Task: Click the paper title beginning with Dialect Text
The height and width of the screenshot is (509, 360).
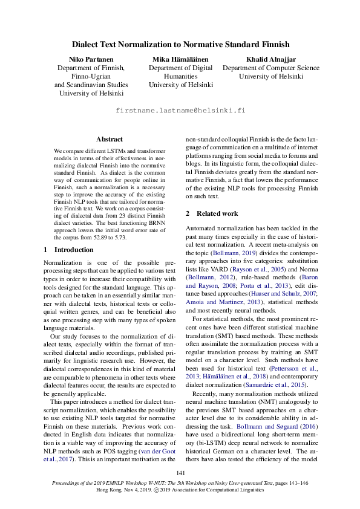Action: click(180, 44)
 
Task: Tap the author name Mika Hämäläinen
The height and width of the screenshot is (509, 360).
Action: click(180, 59)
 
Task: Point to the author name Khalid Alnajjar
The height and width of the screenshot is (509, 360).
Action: click(270, 59)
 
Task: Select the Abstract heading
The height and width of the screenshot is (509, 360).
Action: click(109, 139)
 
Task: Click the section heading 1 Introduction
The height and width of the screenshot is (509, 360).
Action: click(68, 249)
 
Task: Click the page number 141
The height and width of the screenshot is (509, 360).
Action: click(180, 473)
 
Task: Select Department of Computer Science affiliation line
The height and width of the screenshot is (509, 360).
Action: click(270, 68)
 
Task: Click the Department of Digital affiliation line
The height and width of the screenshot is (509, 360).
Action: click(180, 68)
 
